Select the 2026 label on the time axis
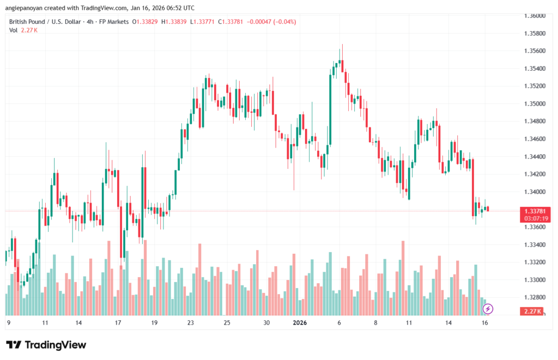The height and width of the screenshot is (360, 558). (x=300, y=322)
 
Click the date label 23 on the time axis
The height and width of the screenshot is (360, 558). (x=191, y=322)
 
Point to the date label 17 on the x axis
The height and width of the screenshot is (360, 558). (x=118, y=322)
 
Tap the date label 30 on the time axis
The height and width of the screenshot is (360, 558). (x=266, y=322)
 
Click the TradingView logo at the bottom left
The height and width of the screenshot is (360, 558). (x=46, y=345)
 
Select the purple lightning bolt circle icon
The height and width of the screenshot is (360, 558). (x=489, y=309)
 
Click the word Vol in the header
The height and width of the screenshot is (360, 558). (x=13, y=30)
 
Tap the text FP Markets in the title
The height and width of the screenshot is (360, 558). (x=112, y=21)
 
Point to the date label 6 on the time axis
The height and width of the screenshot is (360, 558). (x=339, y=322)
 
